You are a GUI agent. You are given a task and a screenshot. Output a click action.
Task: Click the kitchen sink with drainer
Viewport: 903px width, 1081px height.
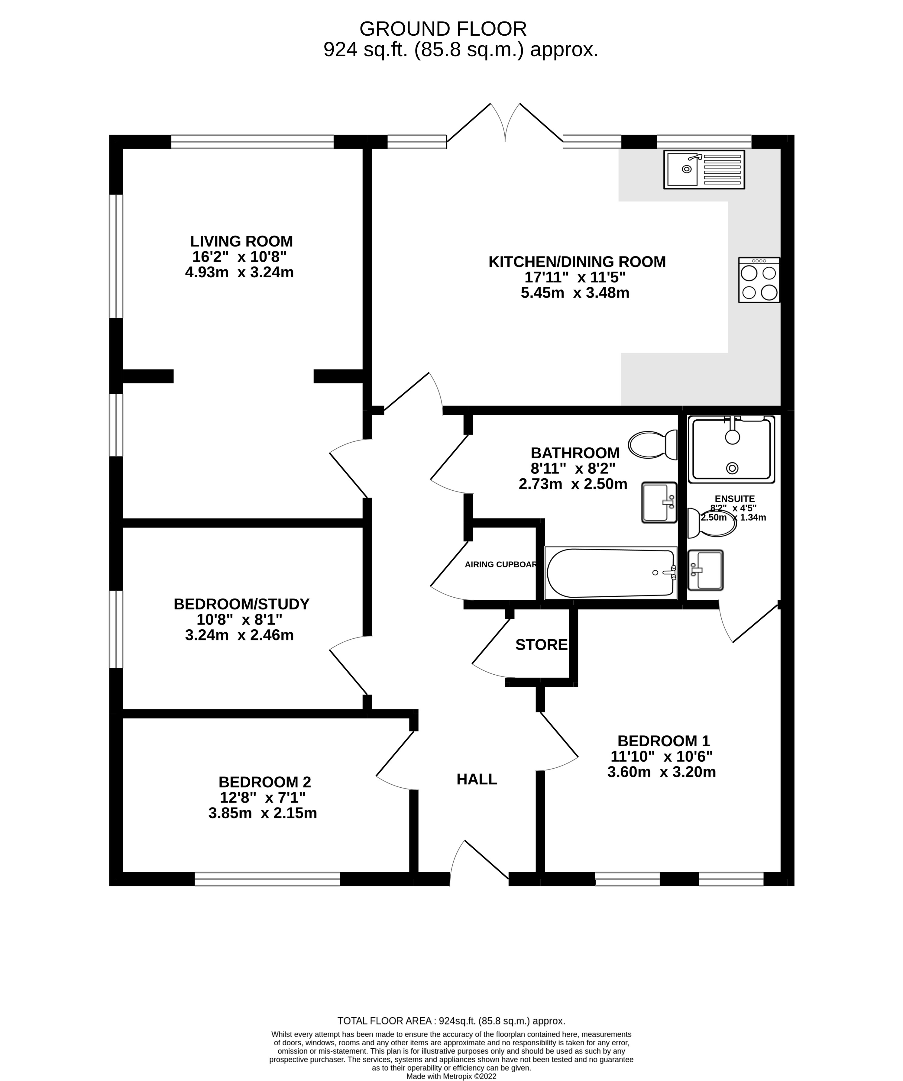(704, 169)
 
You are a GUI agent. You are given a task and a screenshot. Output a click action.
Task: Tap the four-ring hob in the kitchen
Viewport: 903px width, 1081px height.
(759, 280)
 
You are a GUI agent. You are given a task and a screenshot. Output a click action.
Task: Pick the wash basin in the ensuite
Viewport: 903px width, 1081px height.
(705, 570)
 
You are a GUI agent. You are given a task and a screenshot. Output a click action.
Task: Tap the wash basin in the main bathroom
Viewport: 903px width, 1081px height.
(659, 502)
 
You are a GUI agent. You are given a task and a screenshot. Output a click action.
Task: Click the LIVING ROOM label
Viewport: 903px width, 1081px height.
(241, 241)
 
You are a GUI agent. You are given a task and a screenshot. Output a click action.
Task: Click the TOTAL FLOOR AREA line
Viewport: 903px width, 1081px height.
(451, 1021)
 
